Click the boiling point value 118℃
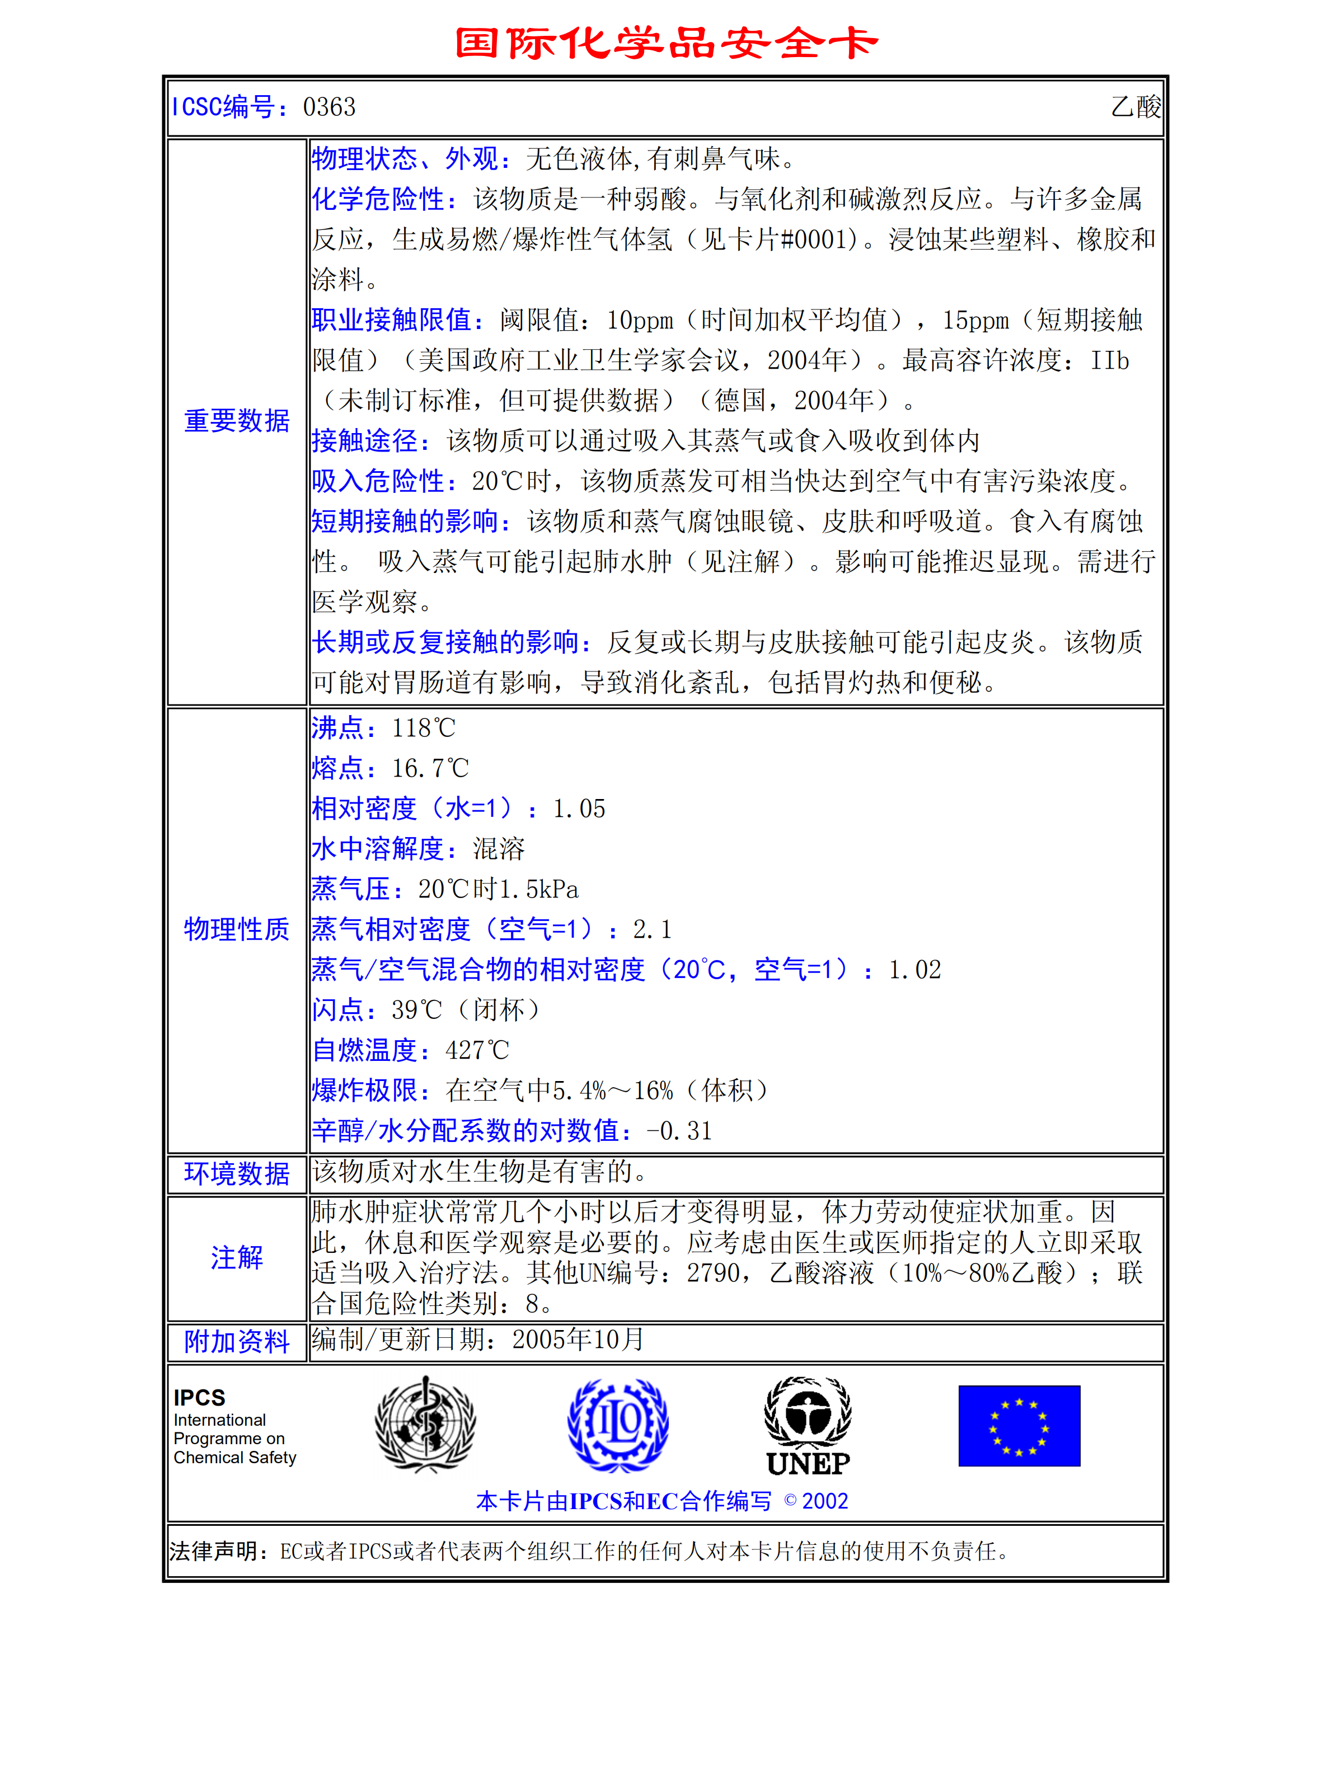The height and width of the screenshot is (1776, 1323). tap(423, 728)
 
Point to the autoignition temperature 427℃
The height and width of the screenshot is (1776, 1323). tap(477, 1050)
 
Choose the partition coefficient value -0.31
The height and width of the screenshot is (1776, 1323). tap(679, 1131)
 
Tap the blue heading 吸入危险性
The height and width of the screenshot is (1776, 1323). tap(383, 481)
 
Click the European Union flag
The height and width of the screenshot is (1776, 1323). tap(1019, 1425)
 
